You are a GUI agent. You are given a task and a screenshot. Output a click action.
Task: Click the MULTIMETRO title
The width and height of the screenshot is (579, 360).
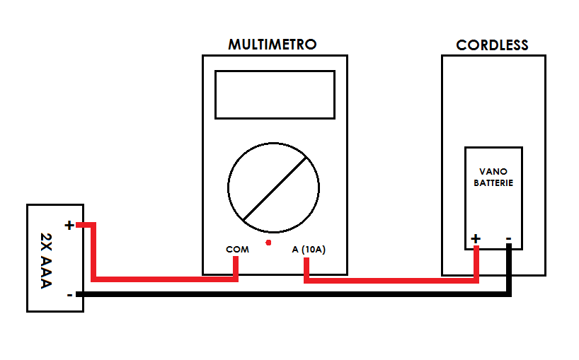[272, 45]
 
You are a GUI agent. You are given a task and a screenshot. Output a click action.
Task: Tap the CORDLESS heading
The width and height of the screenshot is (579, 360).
[492, 45]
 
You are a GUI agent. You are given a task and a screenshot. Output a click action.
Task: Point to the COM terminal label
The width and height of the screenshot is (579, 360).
[237, 250]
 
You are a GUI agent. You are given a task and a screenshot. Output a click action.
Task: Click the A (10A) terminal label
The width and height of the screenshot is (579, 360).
[309, 250]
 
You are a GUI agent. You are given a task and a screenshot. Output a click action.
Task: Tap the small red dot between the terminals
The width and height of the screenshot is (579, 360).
[268, 243]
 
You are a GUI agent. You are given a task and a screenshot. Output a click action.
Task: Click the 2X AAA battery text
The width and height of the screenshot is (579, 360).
[46, 260]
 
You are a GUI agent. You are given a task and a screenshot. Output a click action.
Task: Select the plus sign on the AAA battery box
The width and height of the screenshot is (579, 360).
[69, 225]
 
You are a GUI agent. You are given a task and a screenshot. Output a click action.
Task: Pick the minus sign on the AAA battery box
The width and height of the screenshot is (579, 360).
[69, 295]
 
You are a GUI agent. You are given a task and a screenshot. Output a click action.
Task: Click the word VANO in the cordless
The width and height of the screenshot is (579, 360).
[493, 172]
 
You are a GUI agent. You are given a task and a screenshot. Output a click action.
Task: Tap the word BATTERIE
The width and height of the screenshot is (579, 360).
[493, 183]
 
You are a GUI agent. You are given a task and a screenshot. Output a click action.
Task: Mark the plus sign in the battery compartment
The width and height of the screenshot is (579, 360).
[476, 238]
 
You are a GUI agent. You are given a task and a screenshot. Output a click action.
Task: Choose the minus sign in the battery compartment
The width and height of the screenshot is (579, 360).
[508, 239]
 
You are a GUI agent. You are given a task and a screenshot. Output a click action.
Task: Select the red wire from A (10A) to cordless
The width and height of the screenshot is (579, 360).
[391, 281]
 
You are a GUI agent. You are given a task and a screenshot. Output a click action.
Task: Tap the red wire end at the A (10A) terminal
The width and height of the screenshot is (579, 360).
[306, 260]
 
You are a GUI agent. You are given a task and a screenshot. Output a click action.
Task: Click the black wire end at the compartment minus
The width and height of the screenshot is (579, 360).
[509, 245]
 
